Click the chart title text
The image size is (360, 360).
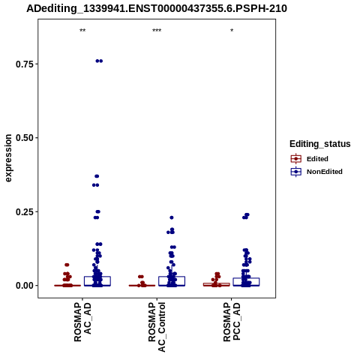(x=157, y=8)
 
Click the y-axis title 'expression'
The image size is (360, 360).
(x=8, y=158)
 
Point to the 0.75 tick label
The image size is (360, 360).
(x=25, y=64)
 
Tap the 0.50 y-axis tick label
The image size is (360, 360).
(x=25, y=138)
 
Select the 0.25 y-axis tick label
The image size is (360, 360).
(x=25, y=211)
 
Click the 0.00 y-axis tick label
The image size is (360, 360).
(x=25, y=286)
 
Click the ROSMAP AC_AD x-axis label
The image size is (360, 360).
(x=82, y=322)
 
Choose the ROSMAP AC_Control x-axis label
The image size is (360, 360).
(x=157, y=327)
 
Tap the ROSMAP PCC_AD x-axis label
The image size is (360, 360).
(x=232, y=322)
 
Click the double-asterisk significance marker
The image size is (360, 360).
(x=82, y=31)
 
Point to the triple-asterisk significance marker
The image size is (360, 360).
(x=157, y=31)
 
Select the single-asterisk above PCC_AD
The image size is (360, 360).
(x=232, y=31)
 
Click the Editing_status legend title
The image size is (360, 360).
(x=320, y=144)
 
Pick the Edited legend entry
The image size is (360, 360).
(x=310, y=159)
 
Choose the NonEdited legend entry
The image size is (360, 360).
(x=316, y=172)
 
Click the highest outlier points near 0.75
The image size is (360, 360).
(x=99, y=61)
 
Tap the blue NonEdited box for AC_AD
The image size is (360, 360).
(x=97, y=281)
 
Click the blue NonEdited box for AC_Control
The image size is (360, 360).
(x=172, y=281)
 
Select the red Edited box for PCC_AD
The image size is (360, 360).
(x=217, y=284)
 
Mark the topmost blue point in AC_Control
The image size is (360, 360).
(x=172, y=217)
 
